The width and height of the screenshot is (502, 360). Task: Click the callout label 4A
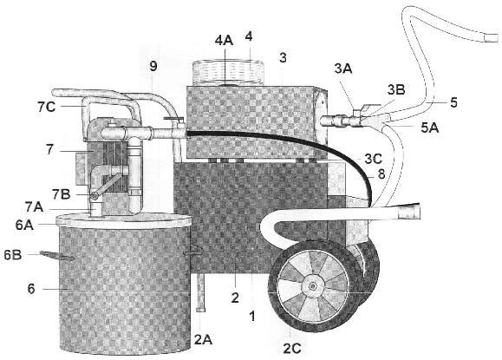tap(224, 41)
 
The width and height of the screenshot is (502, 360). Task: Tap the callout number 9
tap(153, 66)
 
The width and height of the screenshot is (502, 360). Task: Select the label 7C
tap(47, 107)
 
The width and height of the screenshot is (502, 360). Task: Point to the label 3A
tap(343, 69)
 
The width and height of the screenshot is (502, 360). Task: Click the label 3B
tap(396, 90)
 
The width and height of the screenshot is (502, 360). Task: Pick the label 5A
tap(430, 128)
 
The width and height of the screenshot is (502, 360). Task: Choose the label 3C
tap(374, 160)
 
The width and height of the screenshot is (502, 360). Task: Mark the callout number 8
tap(381, 174)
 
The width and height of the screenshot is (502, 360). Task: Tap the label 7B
tap(62, 194)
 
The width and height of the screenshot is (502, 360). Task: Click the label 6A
tap(24, 225)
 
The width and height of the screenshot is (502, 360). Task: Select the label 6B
tap(13, 255)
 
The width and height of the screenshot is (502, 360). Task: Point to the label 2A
tap(203, 339)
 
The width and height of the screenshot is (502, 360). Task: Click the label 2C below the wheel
tap(292, 349)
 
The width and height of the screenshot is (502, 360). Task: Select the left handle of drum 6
tap(57, 256)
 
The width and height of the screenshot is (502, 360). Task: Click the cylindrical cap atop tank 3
tap(228, 74)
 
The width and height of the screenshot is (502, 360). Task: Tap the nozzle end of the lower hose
tap(408, 212)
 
